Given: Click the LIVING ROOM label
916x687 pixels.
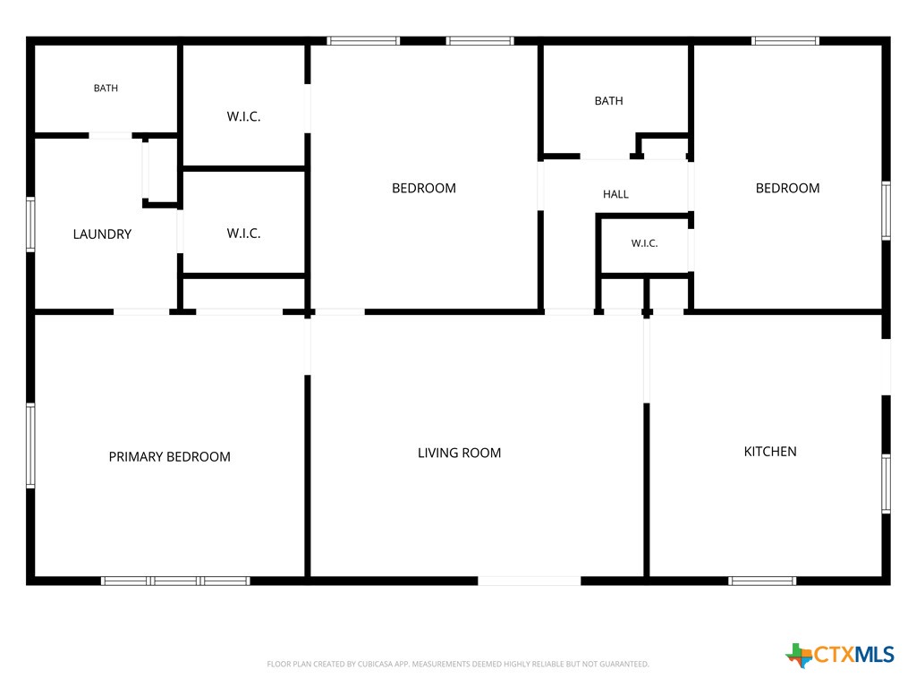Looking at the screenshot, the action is pos(459,453).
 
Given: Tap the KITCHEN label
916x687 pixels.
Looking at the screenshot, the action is pos(770,452).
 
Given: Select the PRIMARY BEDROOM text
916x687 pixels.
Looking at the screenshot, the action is pos(169,457).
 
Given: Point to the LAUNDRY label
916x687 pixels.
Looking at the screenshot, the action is pos(102,234).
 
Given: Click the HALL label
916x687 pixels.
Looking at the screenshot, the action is pos(615,194).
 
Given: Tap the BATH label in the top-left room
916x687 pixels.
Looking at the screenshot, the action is pos(106,89).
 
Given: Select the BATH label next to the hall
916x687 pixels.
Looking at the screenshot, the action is pos(608,101).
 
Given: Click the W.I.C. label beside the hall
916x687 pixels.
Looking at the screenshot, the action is pos(644,243).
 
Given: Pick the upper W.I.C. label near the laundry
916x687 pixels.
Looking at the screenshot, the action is pos(243,116).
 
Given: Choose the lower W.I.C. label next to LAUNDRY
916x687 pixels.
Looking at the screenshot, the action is pos(243,233).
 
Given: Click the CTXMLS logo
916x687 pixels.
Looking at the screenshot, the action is pos(839,655).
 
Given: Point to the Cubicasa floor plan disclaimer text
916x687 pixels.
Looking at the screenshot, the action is pos(458,665).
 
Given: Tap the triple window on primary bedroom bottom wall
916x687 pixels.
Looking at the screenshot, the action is pos(175,581).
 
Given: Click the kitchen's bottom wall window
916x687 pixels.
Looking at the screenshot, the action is pos(762,581).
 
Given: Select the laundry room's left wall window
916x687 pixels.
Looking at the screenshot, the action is pos(30,225).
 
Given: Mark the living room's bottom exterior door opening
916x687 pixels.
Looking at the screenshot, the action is pos(530,581).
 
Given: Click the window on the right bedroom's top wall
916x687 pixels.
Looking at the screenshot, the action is pos(785,41).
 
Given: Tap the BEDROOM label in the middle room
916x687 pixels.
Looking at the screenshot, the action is pos(424,188).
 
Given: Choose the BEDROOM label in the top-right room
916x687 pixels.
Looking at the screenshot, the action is pos(787,188).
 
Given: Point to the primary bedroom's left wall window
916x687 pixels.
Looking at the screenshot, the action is pos(30,445).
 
